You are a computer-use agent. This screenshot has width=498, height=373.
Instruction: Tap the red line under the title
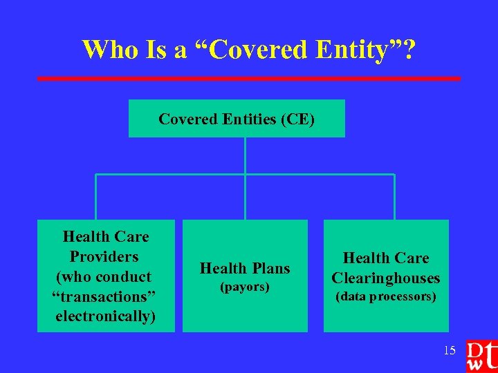tap(248, 79)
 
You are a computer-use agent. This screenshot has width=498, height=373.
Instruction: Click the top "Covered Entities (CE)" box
tap(237, 119)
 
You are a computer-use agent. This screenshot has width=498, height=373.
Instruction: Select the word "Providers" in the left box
tap(104, 257)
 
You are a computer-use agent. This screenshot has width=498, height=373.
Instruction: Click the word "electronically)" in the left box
tap(106, 316)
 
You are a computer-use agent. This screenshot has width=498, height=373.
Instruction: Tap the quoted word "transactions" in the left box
tap(105, 296)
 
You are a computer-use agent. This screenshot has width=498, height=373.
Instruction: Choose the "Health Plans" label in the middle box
tap(245, 268)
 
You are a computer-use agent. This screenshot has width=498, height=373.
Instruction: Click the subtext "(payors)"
tap(244, 286)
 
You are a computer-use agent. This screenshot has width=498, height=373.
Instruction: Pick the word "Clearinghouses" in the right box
tap(386, 278)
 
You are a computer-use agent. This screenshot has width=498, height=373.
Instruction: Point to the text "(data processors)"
tap(386, 297)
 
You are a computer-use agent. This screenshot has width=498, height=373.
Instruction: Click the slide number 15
tap(450, 350)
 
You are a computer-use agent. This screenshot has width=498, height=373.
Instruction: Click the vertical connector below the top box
tap(245, 155)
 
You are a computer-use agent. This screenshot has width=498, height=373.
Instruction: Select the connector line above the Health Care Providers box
tap(95, 197)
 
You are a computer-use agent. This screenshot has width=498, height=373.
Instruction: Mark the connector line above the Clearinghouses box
tap(394, 197)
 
